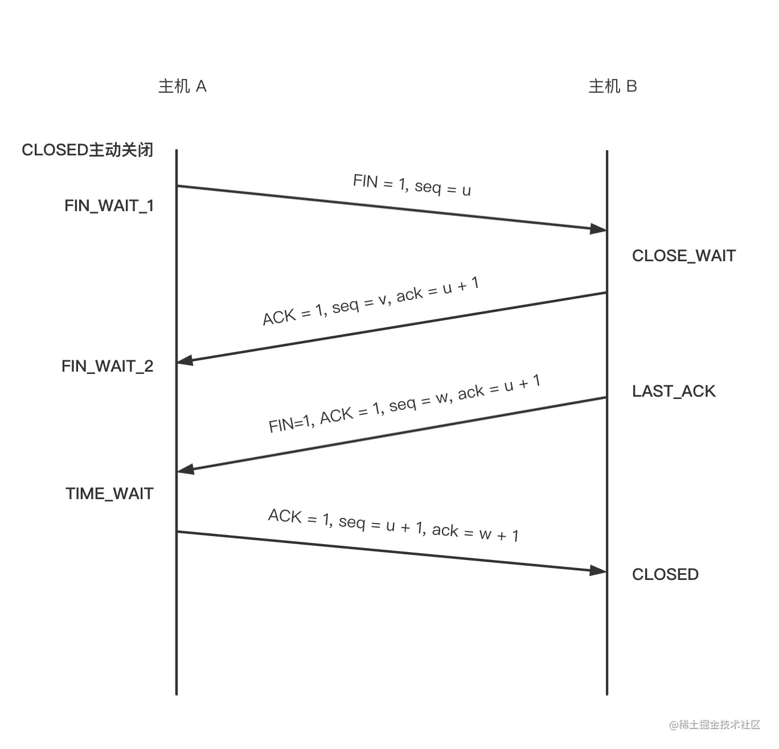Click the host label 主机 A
click(x=182, y=87)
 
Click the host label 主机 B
click(x=613, y=87)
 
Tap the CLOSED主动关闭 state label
click(x=88, y=150)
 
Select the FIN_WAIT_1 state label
click(x=109, y=205)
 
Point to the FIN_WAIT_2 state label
click(x=108, y=366)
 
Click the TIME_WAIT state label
click(x=110, y=493)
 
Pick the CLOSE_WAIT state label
click(x=684, y=256)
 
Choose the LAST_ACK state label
click(x=674, y=392)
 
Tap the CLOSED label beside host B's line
click(x=665, y=575)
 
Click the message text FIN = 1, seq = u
click(x=412, y=185)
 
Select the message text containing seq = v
click(x=371, y=301)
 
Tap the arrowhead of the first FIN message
click(x=598, y=229)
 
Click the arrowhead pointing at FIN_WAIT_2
click(x=186, y=360)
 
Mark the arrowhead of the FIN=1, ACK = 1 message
click(x=186, y=470)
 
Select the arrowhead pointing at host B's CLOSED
click(x=598, y=570)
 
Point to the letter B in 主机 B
click(x=632, y=87)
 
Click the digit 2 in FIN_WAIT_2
click(x=148, y=366)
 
